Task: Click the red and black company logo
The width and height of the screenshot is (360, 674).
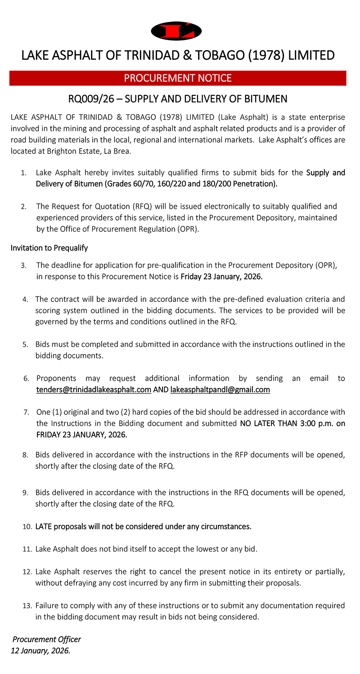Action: tap(176, 31)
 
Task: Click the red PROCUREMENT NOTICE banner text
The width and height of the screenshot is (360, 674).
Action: tap(178, 78)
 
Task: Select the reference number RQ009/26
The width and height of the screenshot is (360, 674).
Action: tap(93, 99)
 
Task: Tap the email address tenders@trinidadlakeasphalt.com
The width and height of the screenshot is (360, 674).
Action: tap(94, 390)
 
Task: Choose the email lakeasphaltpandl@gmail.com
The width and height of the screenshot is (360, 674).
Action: tap(220, 390)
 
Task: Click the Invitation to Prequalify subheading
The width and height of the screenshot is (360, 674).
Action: tap(49, 248)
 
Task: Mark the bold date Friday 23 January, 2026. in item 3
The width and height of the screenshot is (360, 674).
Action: tap(221, 277)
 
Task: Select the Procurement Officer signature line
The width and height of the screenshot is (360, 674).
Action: tap(47, 639)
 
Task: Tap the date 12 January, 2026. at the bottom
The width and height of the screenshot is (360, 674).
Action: tap(40, 650)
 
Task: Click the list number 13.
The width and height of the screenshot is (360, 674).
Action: tap(26, 606)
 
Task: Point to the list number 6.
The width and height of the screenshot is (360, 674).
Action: tap(27, 378)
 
